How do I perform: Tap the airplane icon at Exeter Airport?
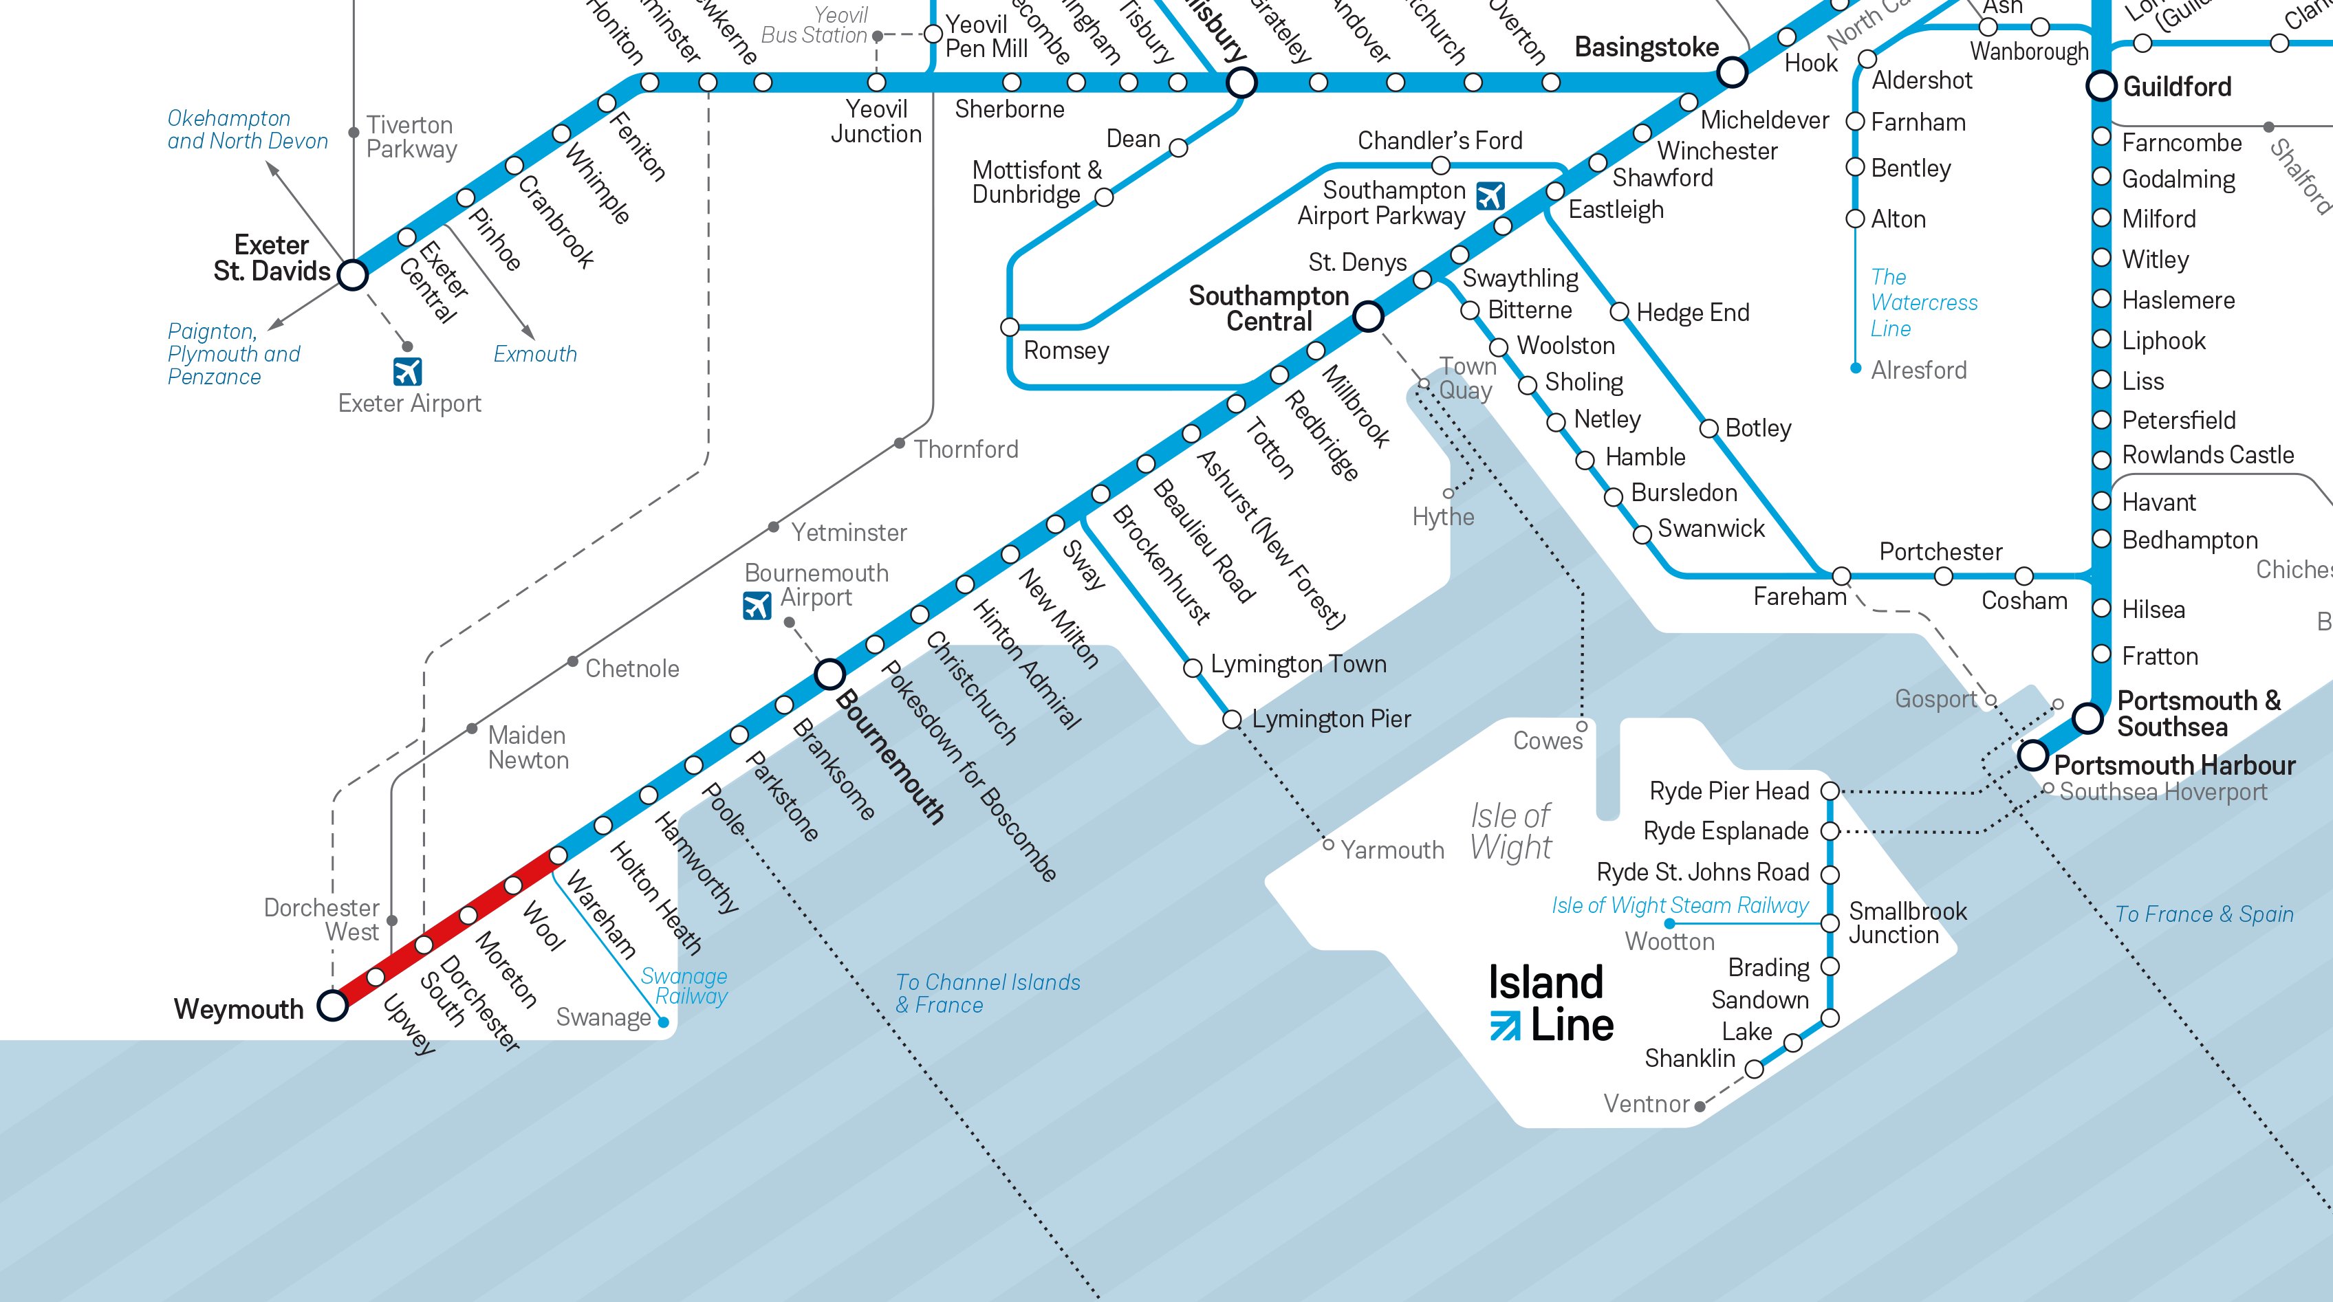(408, 372)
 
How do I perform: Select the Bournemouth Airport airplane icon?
(757, 605)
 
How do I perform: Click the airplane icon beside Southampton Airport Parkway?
(1490, 195)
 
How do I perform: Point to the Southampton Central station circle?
(1367, 317)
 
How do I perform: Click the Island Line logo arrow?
(1505, 1025)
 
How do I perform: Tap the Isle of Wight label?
(1510, 831)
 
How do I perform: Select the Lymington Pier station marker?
(1232, 720)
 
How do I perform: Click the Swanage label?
(603, 1017)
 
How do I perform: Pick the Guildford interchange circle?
(2101, 87)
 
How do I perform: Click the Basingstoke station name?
(1647, 47)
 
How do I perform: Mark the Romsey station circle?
(1010, 327)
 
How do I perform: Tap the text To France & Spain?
(2204, 914)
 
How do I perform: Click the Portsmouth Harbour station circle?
(2033, 754)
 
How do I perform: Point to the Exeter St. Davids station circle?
(352, 274)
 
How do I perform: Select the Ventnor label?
(1646, 1104)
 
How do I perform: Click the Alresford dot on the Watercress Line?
(1856, 368)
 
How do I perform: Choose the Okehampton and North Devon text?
(247, 129)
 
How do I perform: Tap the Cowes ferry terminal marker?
(1582, 726)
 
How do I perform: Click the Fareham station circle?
(1841, 576)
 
